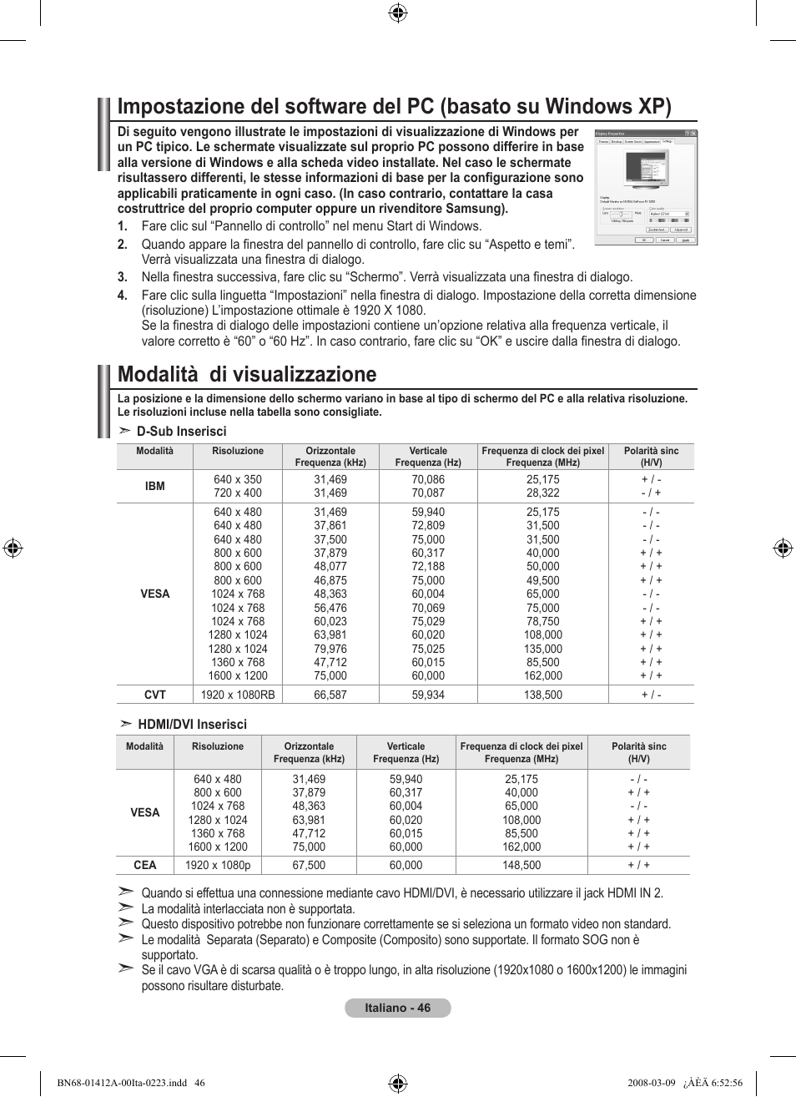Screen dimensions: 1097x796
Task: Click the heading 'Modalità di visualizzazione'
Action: pyautogui.click(x=247, y=374)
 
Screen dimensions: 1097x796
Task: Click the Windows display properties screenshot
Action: pyautogui.click(x=645, y=187)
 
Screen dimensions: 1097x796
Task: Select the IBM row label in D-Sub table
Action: pyautogui.click(x=155, y=486)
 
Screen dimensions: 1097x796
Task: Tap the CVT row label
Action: pyautogui.click(x=155, y=695)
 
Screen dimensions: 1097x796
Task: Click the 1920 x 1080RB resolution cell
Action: pyautogui.click(x=238, y=695)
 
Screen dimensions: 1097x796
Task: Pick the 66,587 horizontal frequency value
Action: pyautogui.click(x=330, y=695)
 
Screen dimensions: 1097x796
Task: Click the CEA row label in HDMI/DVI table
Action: pyautogui.click(x=145, y=866)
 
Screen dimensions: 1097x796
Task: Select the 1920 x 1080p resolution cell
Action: pyautogui.click(x=218, y=866)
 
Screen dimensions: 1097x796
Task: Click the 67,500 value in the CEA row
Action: pyautogui.click(x=309, y=866)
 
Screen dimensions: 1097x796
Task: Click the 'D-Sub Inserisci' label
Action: pyautogui.click(x=181, y=432)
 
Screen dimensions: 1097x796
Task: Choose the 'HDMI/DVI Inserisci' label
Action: pyautogui.click(x=192, y=725)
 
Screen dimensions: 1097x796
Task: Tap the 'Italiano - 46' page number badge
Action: pyautogui.click(x=398, y=1008)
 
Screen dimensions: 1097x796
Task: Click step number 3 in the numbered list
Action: pyautogui.click(x=122, y=277)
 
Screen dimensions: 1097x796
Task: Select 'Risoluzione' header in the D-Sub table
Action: pyautogui.click(x=238, y=451)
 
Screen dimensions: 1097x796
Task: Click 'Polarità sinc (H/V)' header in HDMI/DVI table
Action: pyautogui.click(x=638, y=752)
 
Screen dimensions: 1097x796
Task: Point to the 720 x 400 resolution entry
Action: pyautogui.click(x=238, y=493)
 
